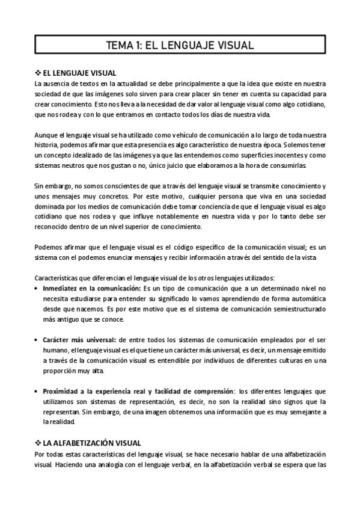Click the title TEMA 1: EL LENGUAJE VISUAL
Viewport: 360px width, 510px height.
click(x=180, y=45)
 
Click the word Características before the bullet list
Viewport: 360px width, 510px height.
click(x=60, y=278)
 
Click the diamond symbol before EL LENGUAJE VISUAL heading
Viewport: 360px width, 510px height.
click(x=38, y=73)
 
